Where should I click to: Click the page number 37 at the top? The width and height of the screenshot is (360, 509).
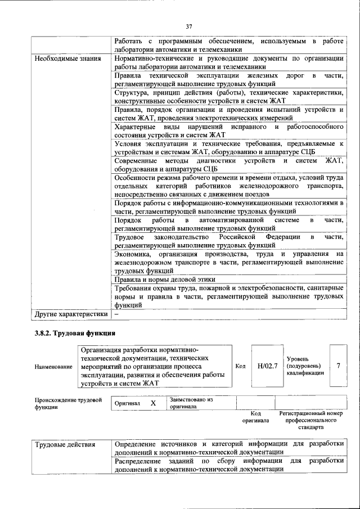coord(189,26)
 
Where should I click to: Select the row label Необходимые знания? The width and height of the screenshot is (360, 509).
coord(67,58)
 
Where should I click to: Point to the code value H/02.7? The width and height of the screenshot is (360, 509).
coord(268,366)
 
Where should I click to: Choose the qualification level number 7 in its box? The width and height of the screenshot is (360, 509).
coord(338,366)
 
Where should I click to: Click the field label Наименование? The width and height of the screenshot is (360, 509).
coord(53,367)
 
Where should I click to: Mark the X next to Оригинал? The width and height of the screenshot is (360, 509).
coord(153,403)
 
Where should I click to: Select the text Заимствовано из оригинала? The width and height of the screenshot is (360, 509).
coord(191,403)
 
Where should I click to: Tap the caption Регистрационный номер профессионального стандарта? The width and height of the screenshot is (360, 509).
coord(310,420)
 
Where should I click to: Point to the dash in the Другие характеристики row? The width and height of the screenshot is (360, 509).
coord(116,314)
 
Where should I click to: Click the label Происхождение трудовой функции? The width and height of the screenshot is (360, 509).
coord(67,403)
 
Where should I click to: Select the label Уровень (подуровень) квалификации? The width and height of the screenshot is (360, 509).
coord(305,366)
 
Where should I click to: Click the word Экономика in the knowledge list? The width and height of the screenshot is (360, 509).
coord(133,255)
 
